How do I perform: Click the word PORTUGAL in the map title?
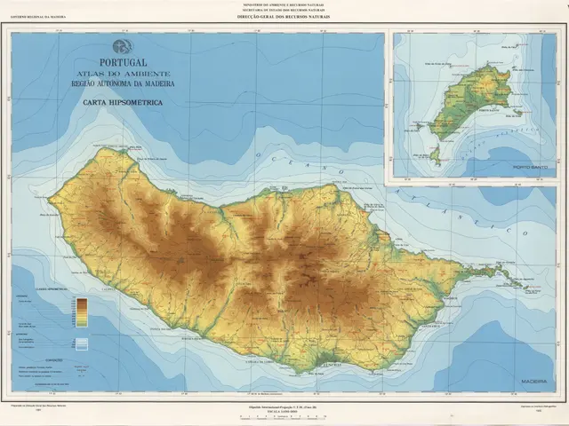pyautogui.click(x=124, y=63)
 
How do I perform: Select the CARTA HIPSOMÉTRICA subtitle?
pyautogui.click(x=124, y=103)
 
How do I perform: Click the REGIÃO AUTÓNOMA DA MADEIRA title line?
pyautogui.click(x=124, y=83)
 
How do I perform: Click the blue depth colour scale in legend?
pyautogui.click(x=82, y=343)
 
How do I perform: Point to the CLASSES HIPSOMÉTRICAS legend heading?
pyautogui.click(x=53, y=289)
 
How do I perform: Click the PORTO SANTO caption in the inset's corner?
pyautogui.click(x=531, y=167)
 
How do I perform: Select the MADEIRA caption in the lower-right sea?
pyautogui.click(x=535, y=380)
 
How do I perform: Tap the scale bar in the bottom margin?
pyautogui.click(x=284, y=415)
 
